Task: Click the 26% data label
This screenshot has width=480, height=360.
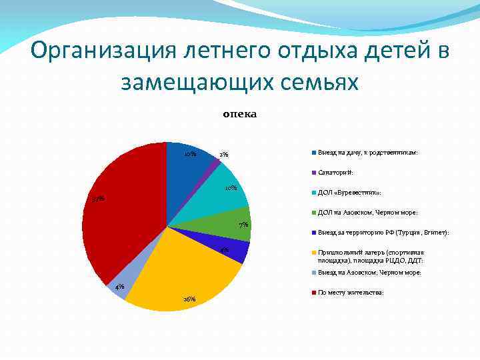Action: coord(189,299)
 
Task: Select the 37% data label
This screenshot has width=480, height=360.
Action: coord(98,199)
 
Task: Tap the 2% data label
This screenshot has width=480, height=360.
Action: coord(224,155)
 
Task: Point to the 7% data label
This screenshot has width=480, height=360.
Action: coord(244,225)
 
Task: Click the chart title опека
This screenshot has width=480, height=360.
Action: coord(239,114)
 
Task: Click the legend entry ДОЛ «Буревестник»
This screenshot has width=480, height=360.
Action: coord(349,192)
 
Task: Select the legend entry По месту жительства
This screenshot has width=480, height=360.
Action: coord(351,292)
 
